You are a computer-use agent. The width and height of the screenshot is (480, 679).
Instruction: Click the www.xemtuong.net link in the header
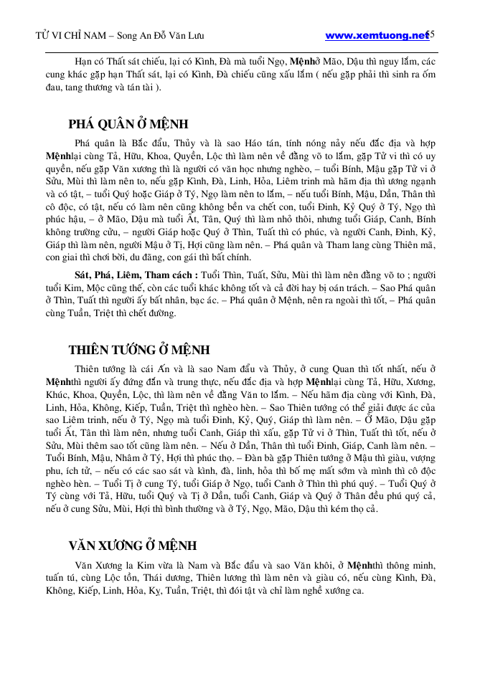click(375, 35)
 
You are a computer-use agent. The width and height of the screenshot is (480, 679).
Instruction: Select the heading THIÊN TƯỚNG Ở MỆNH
click(139, 350)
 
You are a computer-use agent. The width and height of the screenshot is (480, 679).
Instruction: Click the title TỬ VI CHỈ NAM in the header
click(72, 36)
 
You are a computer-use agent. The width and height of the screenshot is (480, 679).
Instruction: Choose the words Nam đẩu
click(252, 370)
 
